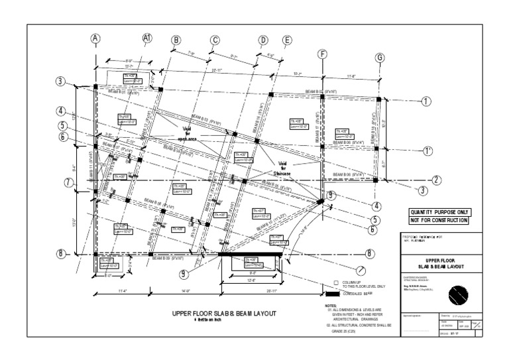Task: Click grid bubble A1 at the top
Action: (148, 38)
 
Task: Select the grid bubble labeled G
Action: (380, 58)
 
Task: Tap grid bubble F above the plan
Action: (323, 54)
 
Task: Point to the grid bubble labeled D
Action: (263, 40)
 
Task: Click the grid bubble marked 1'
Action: (427, 151)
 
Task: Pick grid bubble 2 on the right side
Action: (437, 180)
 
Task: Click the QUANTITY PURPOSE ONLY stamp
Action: (439, 211)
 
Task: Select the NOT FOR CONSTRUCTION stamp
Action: (439, 220)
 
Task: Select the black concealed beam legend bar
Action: (332, 294)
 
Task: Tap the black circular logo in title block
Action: (459, 294)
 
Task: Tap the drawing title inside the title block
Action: (443, 263)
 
